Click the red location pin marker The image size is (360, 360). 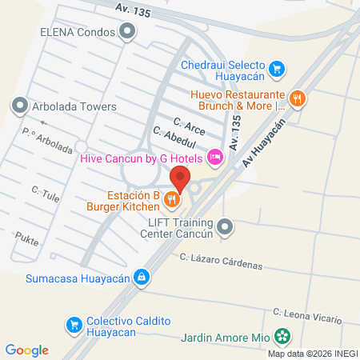181,178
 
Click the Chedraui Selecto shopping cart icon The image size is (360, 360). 276,69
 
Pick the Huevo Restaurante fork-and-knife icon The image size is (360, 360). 297,98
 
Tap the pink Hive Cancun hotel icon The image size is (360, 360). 214,158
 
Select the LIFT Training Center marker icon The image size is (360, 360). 226,228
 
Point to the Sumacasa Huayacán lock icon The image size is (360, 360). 141,277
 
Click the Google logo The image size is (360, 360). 27,350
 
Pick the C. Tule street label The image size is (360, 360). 46,194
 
